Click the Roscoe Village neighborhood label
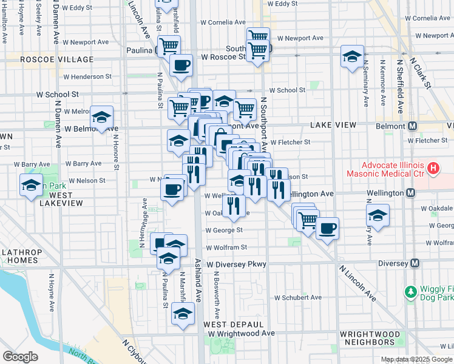[x=57, y=59]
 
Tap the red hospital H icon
[x=433, y=168]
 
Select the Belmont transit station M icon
[x=412, y=126]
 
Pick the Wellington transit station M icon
[x=410, y=193]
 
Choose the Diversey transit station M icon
[x=415, y=263]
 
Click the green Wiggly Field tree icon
[x=411, y=293]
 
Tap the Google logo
[x=20, y=357]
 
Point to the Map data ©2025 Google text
[x=417, y=359]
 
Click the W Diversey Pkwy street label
[x=236, y=265]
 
